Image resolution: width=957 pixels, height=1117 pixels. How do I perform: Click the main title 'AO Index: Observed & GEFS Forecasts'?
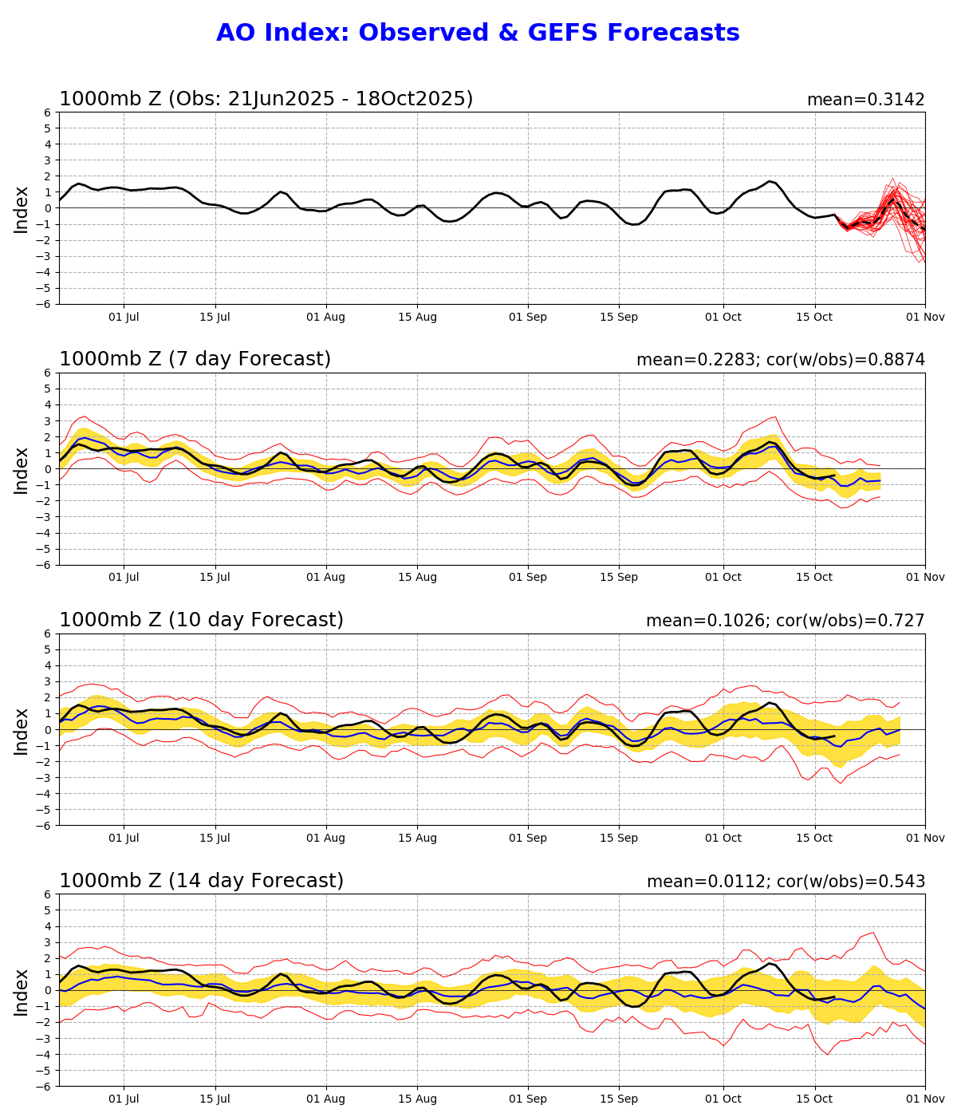pyautogui.click(x=478, y=33)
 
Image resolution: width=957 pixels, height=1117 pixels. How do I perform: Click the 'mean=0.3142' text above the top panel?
pyautogui.click(x=865, y=100)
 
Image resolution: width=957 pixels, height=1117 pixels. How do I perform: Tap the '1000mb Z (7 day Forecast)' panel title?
pyautogui.click(x=195, y=359)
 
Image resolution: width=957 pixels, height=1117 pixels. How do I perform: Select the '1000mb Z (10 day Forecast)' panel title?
pyautogui.click(x=201, y=620)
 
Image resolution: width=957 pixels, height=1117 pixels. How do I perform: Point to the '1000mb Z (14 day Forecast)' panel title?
pyautogui.click(x=201, y=881)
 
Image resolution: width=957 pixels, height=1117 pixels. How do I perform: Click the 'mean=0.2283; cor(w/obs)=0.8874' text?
pyautogui.click(x=781, y=360)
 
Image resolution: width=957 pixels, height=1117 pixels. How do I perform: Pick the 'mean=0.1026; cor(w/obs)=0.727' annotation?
pyautogui.click(x=786, y=621)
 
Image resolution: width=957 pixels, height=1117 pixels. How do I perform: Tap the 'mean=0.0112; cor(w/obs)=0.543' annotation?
pyautogui.click(x=786, y=882)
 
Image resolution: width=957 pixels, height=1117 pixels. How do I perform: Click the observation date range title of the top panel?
pyautogui.click(x=266, y=99)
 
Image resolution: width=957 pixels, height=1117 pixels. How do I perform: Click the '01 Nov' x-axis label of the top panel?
pyautogui.click(x=925, y=317)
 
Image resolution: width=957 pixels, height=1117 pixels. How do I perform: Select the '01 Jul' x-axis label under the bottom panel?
pyautogui.click(x=124, y=1099)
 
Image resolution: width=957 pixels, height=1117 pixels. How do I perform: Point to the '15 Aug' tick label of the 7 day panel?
pyautogui.click(x=417, y=577)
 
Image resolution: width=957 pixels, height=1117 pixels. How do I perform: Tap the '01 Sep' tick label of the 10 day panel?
pyautogui.click(x=527, y=838)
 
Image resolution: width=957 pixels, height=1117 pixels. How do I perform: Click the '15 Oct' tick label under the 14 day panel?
pyautogui.click(x=815, y=1099)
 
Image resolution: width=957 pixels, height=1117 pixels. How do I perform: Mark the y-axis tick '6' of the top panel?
pyautogui.click(x=48, y=112)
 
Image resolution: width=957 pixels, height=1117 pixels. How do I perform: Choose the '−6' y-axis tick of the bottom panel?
pyautogui.click(x=45, y=1086)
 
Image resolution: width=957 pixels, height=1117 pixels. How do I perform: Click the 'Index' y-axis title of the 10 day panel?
pyautogui.click(x=22, y=729)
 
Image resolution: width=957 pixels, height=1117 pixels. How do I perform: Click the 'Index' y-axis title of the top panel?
pyautogui.click(x=22, y=208)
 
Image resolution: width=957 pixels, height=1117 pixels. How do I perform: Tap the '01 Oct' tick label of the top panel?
pyautogui.click(x=723, y=317)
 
